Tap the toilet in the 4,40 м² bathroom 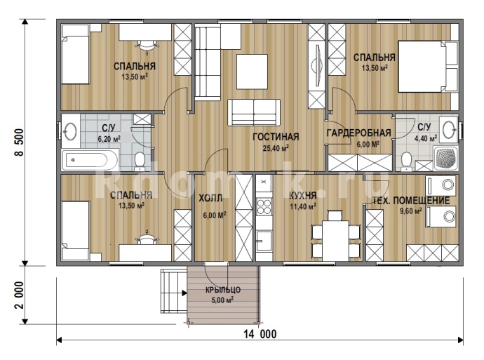point(406,162)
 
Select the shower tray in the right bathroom point(445,159)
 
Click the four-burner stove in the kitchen point(264,206)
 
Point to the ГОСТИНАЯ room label point(276,136)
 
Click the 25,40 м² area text point(276,149)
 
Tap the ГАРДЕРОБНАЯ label point(358,133)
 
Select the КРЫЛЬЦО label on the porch point(223,290)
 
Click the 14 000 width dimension point(260,334)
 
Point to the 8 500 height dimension point(19,142)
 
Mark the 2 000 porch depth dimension point(19,295)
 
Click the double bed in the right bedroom point(428,66)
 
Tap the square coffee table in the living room point(252,72)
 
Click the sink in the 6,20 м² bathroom point(71,131)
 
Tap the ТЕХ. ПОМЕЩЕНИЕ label point(411,201)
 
